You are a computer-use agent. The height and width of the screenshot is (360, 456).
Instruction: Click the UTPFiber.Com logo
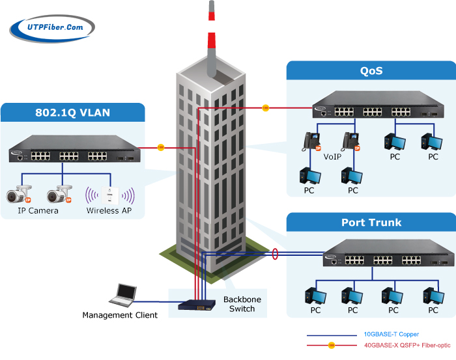click(52, 27)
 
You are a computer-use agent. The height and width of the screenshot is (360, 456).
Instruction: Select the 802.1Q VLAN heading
click(72, 112)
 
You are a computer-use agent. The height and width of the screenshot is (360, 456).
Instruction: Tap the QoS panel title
click(371, 71)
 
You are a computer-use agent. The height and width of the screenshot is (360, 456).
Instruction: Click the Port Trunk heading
click(371, 222)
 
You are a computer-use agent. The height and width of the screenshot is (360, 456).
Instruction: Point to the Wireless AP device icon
click(110, 194)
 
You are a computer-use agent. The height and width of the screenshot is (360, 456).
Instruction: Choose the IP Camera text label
click(38, 211)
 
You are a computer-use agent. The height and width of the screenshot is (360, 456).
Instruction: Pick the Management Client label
click(120, 316)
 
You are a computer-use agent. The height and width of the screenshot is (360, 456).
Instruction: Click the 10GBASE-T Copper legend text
click(391, 335)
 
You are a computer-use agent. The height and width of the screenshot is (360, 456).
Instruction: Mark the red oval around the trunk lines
click(275, 253)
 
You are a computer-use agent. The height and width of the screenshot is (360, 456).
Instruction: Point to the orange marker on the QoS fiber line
click(265, 107)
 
